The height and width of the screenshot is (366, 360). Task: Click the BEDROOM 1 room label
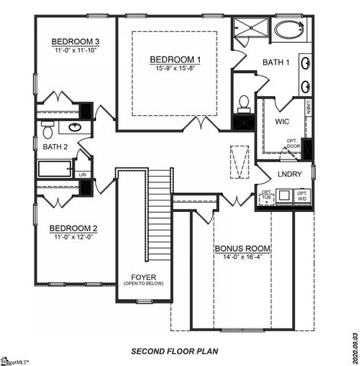pos(175,59)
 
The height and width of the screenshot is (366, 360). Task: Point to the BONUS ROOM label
pos(243,249)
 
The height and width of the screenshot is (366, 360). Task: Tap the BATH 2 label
pos(56,146)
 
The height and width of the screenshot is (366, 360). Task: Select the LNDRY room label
pos(291,175)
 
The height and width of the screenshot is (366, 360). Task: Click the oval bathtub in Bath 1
pos(289,31)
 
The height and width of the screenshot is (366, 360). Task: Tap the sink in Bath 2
pos(75,127)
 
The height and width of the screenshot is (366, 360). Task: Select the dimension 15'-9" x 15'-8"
pos(175,69)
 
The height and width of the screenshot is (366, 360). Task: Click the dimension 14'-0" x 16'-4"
pos(243,258)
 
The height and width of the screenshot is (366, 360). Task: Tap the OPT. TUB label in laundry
pos(266,196)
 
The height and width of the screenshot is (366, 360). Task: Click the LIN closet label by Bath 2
pos(83,175)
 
